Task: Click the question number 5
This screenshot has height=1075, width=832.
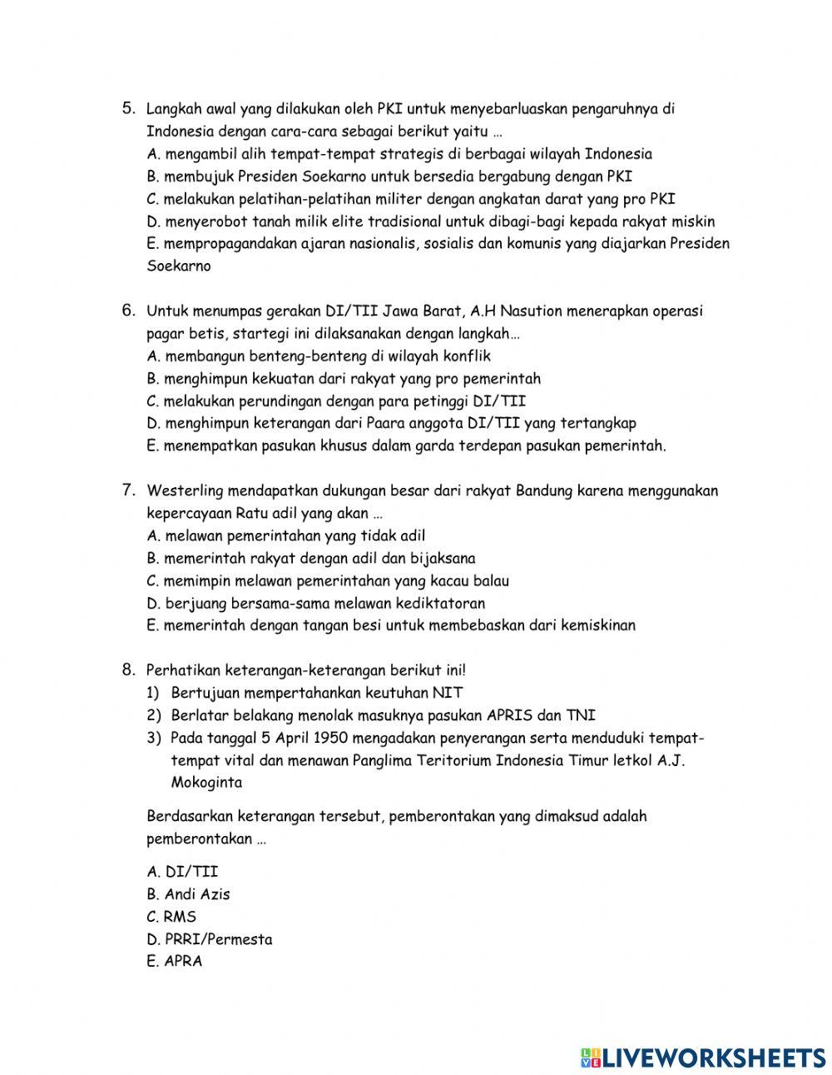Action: point(128,108)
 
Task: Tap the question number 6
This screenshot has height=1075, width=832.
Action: point(128,311)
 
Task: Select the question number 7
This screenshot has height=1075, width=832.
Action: point(128,490)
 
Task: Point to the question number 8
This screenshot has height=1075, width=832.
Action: point(128,669)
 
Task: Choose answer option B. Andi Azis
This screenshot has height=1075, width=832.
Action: point(188,894)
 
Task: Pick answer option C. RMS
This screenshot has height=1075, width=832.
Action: point(171,917)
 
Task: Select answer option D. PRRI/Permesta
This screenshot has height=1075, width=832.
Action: point(209,939)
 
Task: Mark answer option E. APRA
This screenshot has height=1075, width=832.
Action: point(174,962)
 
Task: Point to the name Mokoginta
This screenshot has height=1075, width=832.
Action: point(206,783)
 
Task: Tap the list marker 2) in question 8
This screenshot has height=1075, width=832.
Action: point(153,715)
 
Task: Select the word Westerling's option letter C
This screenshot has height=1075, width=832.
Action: point(152,581)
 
